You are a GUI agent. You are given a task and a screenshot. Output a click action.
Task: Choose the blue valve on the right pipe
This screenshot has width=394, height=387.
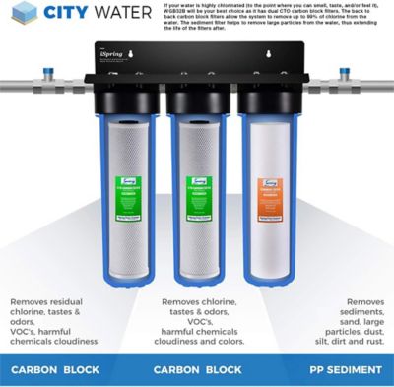point(346,71)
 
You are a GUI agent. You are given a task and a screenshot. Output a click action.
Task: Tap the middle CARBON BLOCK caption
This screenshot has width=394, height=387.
point(197,370)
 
